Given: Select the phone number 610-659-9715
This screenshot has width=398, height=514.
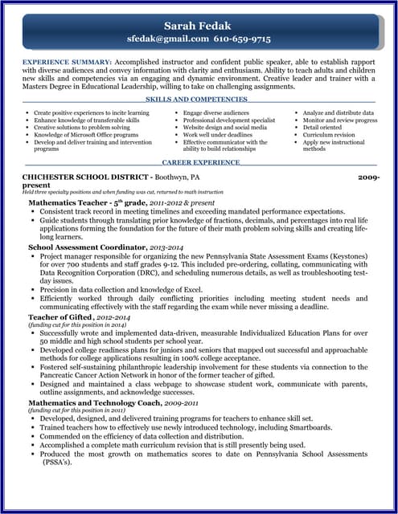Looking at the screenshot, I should coord(241,39).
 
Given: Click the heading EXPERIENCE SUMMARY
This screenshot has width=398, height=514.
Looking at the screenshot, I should coord(67,61).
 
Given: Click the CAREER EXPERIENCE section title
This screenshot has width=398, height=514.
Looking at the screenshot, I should coord(200,162).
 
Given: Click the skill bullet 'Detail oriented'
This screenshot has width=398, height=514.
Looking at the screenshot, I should coord(322,127).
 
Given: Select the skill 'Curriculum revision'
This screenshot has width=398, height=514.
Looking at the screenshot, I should coord(328,134).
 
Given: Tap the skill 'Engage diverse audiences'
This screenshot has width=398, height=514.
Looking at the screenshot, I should coord(215,113).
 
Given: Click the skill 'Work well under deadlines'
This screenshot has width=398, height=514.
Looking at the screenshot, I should coord(217,134).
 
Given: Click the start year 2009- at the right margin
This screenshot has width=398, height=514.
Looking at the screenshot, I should coord(369,175).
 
